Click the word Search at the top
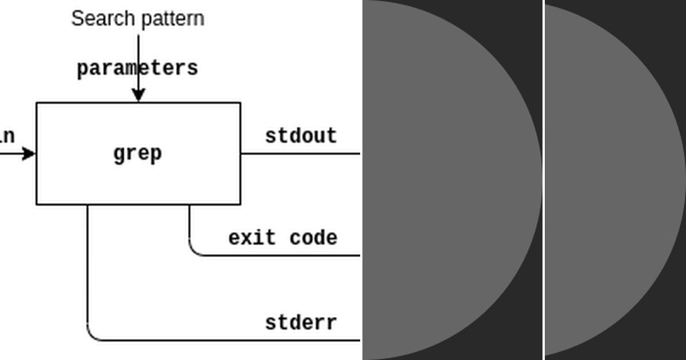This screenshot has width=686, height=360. coord(94,18)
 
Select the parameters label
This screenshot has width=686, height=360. coord(137,68)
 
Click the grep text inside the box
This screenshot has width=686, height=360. coord(138,153)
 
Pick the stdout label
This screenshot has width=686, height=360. coord(301,136)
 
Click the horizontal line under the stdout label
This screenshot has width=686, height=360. coord(300,153)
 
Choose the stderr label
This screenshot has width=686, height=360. coord(301,323)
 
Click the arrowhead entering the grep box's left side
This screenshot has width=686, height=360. coord(29,153)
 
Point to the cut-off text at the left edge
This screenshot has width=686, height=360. coord(7,136)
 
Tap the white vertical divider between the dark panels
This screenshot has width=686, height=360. coord(543,180)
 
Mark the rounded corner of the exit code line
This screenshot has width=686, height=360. coord(193,251)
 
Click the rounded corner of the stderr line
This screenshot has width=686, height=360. coord(91,336)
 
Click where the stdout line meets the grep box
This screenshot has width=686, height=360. coord(241,153)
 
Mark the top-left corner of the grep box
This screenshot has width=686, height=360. coord(37,103)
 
